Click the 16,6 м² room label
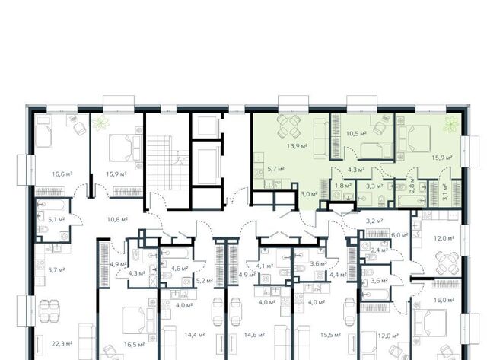62,174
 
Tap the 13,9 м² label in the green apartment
298,145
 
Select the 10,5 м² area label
357,133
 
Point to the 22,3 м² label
62,343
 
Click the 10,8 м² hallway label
117,219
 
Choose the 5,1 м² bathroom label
56,219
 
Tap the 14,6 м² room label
254,335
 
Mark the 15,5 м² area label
330,335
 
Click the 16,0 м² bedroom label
444,300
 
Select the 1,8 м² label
343,186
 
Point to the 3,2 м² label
374,221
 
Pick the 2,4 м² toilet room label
379,250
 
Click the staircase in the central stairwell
159,163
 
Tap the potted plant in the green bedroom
450,124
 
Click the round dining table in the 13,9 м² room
289,126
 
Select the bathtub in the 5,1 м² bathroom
51,205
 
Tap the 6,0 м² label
399,235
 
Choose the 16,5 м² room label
134,345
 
